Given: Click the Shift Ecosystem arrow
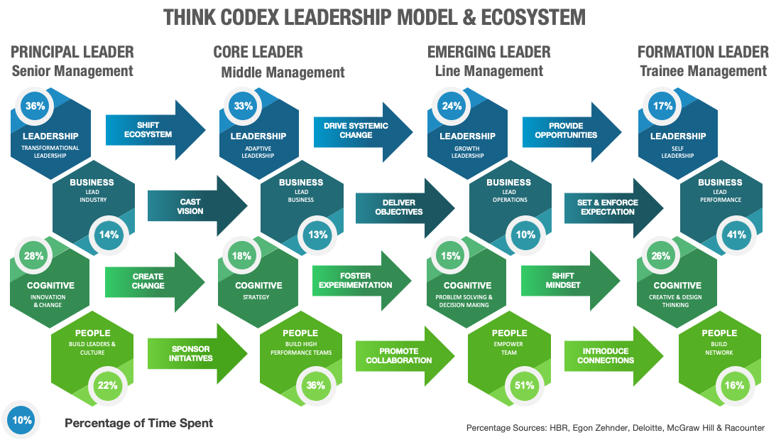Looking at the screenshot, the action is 155,130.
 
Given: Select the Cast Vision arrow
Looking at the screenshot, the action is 197,206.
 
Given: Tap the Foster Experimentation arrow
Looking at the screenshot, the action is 362,281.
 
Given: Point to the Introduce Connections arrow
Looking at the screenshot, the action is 613,356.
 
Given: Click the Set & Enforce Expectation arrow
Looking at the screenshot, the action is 613,208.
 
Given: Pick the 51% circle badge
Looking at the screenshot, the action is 525,385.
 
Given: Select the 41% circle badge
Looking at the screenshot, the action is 736,235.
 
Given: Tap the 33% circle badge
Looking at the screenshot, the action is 243,106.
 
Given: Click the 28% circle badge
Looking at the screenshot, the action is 34,256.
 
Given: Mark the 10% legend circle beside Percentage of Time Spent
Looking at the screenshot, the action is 22,420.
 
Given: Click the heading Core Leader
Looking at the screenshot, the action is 258,52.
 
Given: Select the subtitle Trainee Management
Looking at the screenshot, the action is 703,71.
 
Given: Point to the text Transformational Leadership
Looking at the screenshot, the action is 50,151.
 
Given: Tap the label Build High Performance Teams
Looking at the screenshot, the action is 301,348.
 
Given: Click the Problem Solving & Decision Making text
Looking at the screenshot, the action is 464,301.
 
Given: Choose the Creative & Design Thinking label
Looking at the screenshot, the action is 675,301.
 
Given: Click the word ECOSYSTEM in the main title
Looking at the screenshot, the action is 533,18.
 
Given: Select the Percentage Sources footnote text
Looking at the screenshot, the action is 615,427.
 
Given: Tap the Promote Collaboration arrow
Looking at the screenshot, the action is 405,356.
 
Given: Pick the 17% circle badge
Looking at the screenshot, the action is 662,106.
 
